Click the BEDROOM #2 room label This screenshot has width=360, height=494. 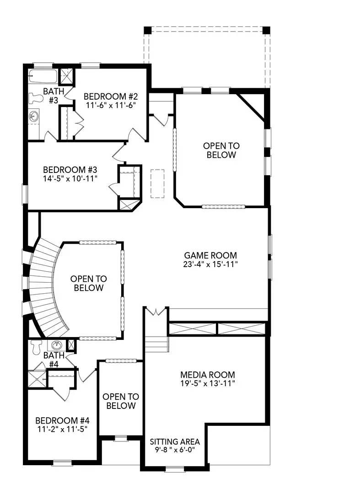111,97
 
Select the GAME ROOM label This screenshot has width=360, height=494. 211,255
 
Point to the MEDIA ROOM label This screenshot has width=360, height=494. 207,374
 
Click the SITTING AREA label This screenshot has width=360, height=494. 175,442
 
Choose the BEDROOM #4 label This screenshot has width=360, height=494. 62,420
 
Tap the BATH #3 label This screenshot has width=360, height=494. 51,96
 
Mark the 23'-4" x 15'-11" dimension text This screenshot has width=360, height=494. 211,264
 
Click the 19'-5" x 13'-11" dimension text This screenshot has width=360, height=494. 207,383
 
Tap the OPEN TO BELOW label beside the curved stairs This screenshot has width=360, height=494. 88,283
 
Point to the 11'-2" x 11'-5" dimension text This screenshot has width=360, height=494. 62,430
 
